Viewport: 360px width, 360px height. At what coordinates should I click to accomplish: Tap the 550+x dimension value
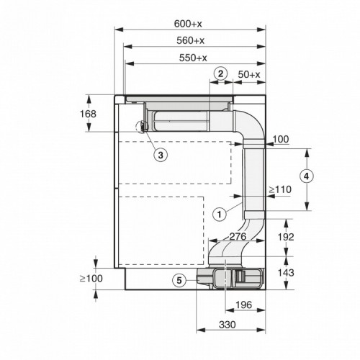[193, 58]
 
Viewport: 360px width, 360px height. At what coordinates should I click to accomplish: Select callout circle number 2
[221, 74]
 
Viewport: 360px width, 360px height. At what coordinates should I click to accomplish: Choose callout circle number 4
[306, 176]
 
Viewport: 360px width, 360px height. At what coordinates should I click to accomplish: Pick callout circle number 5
[179, 281]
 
